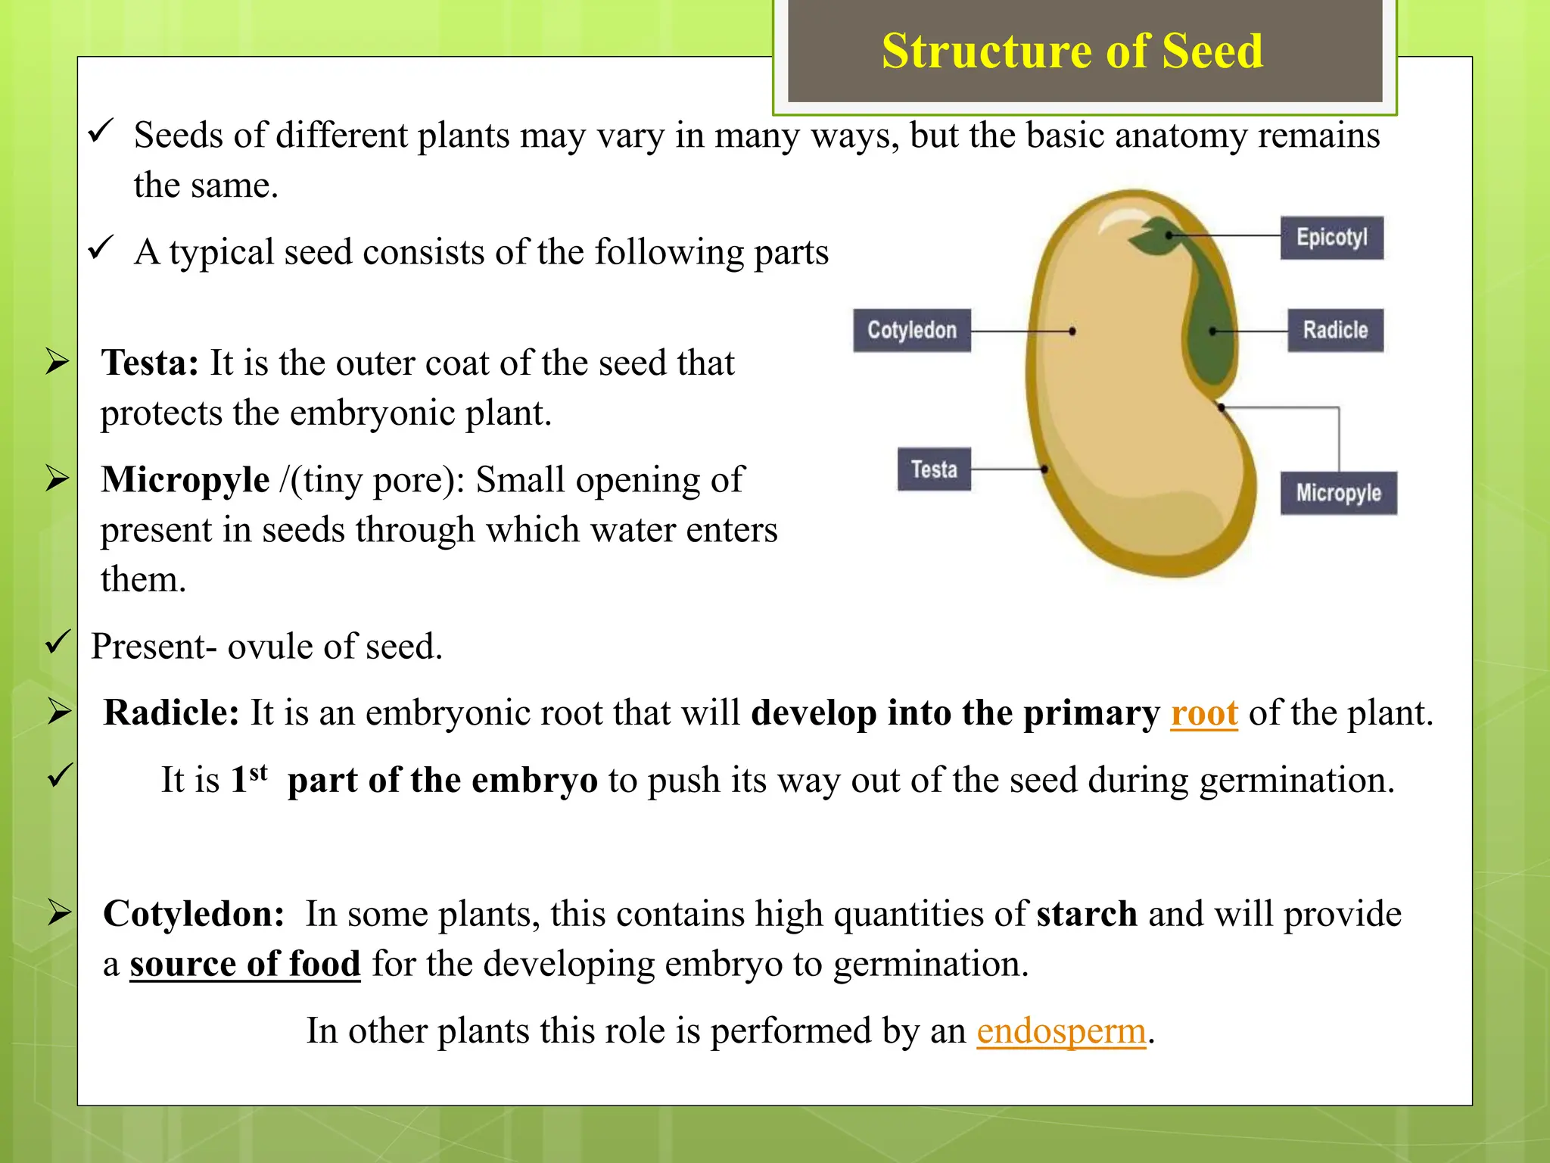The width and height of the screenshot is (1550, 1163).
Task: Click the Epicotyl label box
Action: click(1331, 238)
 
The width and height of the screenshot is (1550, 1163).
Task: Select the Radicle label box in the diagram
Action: click(1335, 330)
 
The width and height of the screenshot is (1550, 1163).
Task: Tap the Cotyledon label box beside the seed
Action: click(911, 330)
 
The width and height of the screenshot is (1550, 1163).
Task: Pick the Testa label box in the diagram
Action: click(934, 469)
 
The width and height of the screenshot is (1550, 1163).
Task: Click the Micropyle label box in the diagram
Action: click(1338, 493)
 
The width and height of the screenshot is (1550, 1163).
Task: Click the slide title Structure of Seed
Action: click(1072, 51)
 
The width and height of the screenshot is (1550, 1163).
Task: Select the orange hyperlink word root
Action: click(1203, 713)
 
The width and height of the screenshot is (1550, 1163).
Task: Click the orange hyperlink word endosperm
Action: click(1061, 1031)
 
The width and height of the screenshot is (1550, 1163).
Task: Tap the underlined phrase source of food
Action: click(244, 965)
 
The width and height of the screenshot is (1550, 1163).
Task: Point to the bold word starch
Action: click(1086, 914)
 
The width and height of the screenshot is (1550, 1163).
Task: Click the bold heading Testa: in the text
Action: click(150, 363)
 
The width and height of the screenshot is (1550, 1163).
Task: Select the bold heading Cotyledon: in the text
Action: click(194, 914)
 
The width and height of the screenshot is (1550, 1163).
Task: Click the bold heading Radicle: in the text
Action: click(171, 713)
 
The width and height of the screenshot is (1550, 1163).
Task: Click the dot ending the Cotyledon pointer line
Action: click(1072, 331)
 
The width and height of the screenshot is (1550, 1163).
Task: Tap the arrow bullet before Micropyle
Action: click(58, 479)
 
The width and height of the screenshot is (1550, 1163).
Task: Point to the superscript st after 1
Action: click(259, 772)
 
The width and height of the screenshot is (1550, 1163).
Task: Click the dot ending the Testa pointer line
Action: click(1044, 469)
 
